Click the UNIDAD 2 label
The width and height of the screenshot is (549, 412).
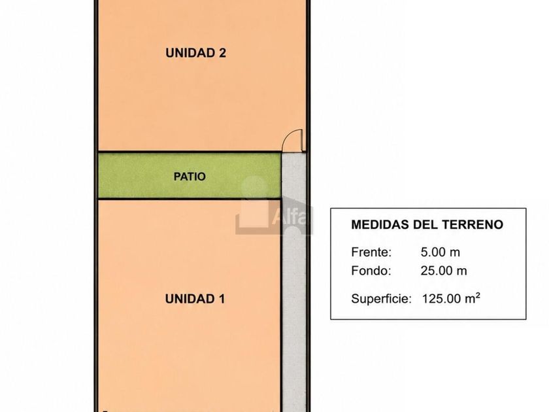click(195, 53)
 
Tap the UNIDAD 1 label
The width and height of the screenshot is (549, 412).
click(195, 299)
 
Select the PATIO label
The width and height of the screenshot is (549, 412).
click(190, 176)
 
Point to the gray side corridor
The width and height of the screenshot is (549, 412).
click(293, 281)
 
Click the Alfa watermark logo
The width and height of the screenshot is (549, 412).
click(274, 206)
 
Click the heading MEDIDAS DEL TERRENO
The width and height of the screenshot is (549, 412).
click(427, 224)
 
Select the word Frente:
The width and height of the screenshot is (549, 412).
click(371, 252)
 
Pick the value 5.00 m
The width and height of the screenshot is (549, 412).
click(440, 252)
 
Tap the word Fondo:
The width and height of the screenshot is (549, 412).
click(371, 271)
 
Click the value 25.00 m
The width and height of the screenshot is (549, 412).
click(444, 271)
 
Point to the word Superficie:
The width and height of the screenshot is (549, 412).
click(381, 299)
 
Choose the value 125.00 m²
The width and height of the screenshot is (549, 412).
click(451, 298)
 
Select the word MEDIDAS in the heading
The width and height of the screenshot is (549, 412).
click(380, 224)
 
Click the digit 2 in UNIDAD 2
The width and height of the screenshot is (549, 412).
click(222, 53)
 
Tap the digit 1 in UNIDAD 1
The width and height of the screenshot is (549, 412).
click(222, 299)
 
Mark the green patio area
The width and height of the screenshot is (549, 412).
click(190, 175)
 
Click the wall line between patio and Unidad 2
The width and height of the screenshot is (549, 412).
click(190, 152)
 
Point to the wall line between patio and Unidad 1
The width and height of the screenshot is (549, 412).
click(190, 199)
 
